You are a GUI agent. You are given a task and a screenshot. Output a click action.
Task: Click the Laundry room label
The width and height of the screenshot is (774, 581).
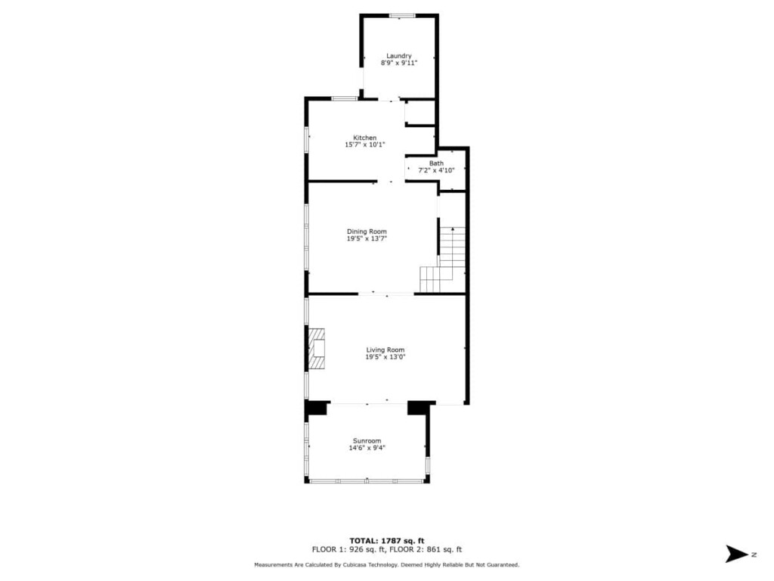(399, 56)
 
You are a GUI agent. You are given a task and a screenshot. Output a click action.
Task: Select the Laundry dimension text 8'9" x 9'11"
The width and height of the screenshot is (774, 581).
(399, 64)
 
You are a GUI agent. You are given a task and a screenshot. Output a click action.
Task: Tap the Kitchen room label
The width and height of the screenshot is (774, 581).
(365, 138)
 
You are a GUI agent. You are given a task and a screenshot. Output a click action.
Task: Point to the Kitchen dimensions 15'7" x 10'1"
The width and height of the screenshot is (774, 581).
(365, 144)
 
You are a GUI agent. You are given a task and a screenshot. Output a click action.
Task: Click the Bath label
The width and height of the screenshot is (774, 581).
(436, 163)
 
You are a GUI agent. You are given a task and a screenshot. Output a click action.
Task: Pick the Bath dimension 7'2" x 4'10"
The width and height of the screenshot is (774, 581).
(436, 170)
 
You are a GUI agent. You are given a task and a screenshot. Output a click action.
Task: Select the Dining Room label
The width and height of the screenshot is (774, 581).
(367, 231)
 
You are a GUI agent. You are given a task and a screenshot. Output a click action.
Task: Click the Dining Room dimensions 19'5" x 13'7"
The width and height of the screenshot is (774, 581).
(367, 238)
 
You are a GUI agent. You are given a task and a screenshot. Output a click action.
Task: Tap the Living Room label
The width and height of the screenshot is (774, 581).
(385, 350)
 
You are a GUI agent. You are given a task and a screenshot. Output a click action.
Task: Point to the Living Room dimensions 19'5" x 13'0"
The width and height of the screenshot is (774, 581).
(385, 357)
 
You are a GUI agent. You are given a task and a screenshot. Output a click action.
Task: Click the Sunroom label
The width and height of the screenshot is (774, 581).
(367, 441)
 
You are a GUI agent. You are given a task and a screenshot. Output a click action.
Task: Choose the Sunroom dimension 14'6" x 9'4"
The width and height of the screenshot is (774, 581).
(367, 448)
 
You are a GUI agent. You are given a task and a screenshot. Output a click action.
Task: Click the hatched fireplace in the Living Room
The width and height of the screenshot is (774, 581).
(317, 348)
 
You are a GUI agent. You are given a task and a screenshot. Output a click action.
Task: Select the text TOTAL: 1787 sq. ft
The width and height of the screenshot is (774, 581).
(387, 540)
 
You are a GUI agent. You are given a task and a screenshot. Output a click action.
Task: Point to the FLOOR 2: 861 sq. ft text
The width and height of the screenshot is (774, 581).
(426, 549)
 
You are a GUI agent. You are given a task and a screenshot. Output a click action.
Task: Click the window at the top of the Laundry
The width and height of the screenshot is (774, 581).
(402, 16)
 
